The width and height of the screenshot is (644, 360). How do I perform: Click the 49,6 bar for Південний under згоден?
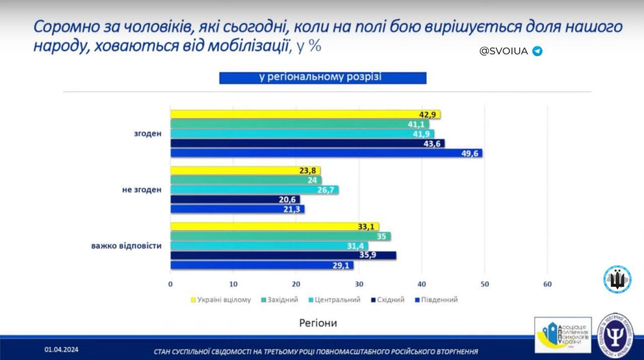(x=326, y=153)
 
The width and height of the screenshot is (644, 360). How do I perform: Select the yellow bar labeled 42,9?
(x=305, y=115)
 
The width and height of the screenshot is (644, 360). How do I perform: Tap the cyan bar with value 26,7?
(x=254, y=190)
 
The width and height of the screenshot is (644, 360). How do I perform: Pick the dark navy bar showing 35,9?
(x=283, y=255)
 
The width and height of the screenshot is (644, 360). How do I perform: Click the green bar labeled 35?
(x=280, y=236)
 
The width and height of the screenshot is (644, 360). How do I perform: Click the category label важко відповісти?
(x=126, y=246)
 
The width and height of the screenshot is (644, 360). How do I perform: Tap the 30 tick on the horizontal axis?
(x=359, y=285)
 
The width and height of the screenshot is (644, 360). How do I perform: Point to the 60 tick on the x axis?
(x=547, y=285)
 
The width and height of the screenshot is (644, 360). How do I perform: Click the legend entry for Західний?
(x=280, y=300)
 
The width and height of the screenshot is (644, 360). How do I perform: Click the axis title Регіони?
(x=318, y=323)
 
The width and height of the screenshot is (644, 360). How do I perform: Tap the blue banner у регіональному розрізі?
(x=323, y=77)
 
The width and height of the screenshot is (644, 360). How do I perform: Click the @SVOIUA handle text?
(x=504, y=51)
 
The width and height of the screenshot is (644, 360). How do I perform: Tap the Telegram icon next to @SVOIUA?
(x=537, y=51)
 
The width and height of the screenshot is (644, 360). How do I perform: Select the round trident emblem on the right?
(x=617, y=279)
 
